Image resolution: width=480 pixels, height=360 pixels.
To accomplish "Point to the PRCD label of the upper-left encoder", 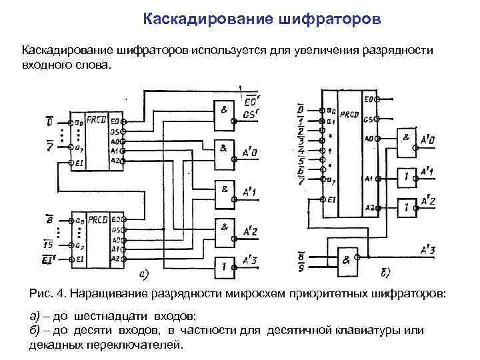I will pos(97,122).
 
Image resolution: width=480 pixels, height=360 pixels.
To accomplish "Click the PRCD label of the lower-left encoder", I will pos(98,219).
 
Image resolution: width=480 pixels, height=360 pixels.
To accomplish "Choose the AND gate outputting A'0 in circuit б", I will pos(407,141).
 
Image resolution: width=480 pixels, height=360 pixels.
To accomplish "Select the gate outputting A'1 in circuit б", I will pos(407,177).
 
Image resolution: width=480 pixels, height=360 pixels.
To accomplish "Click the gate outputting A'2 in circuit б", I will pos(407,207).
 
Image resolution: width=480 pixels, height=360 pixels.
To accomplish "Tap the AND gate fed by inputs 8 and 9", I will pos(348,261).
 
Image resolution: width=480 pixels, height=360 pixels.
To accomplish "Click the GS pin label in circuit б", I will pos(368,120).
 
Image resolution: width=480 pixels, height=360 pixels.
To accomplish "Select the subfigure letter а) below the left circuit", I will pos(142,274).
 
